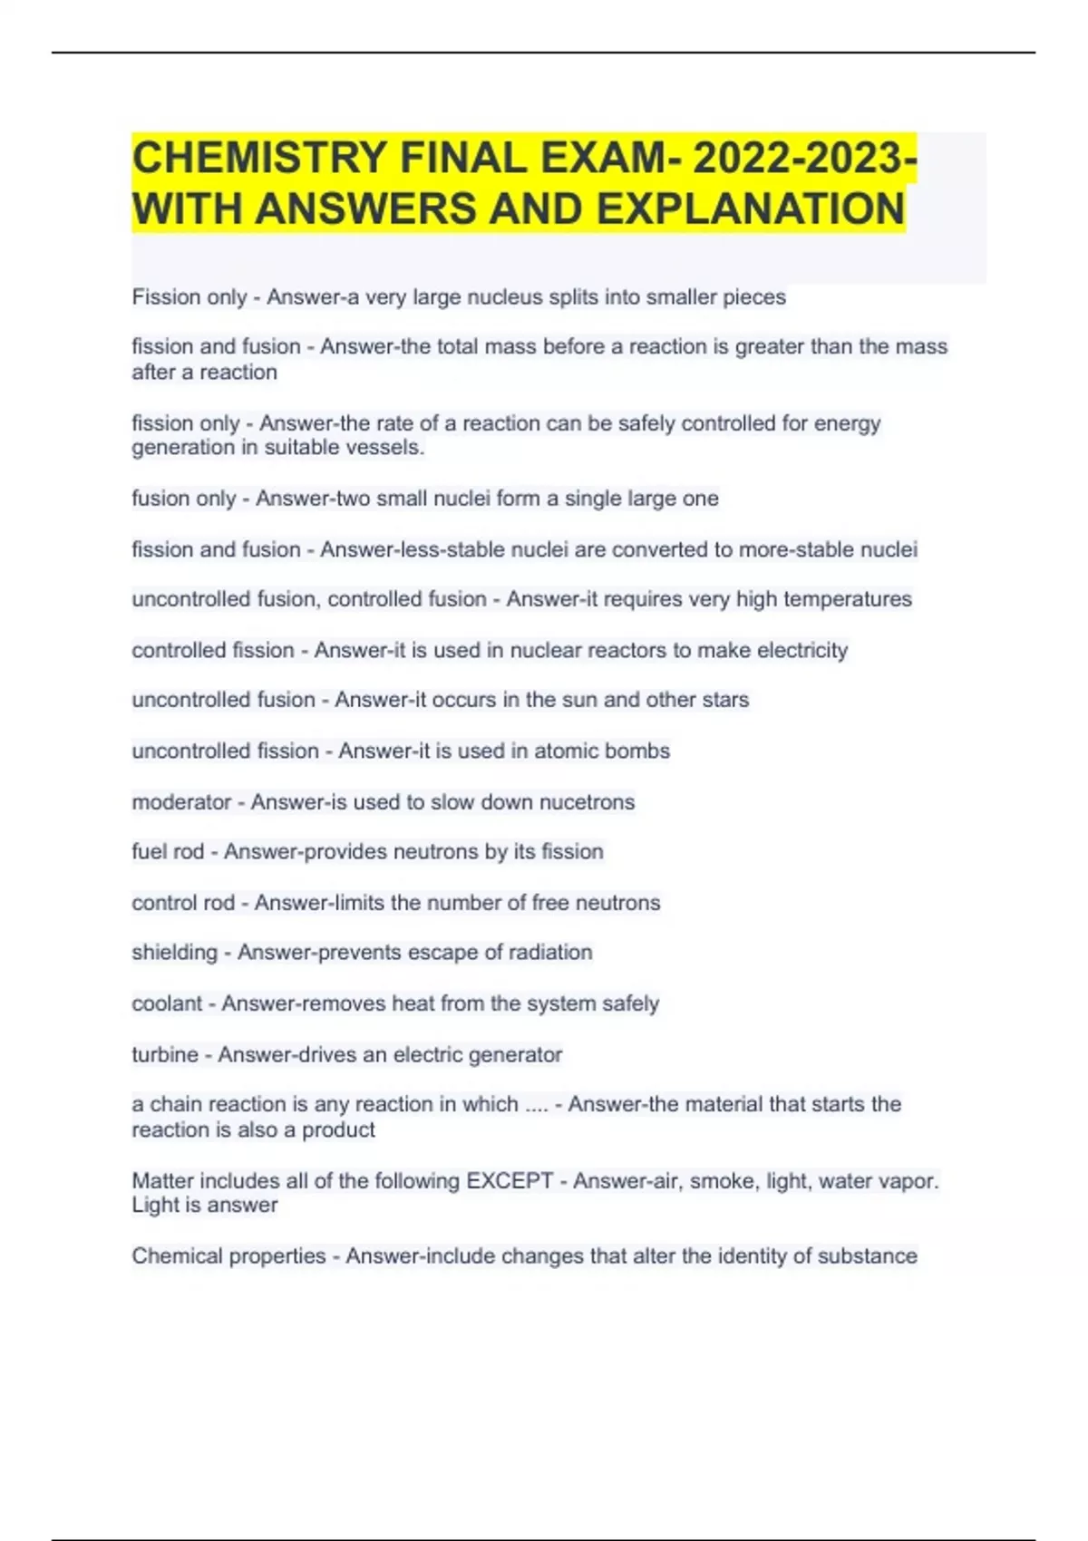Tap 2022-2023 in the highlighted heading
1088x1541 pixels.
click(798, 159)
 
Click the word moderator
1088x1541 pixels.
click(181, 802)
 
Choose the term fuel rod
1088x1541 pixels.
click(168, 852)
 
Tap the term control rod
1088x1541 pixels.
click(183, 903)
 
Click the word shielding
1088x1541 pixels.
click(175, 953)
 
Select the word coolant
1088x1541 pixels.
click(167, 1003)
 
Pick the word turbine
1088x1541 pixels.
click(165, 1054)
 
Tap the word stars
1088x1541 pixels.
click(724, 700)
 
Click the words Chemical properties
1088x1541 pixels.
click(228, 1256)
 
